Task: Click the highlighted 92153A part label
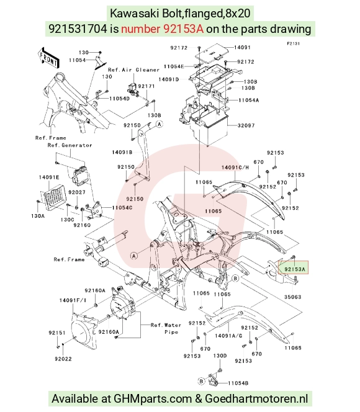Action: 294,269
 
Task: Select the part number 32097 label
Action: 246,125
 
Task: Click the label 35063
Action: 293,297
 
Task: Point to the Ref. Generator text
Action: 70,145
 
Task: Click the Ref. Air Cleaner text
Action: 133,70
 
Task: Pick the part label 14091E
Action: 49,177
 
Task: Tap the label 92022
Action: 63,359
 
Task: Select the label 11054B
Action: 238,383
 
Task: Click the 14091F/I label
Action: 73,300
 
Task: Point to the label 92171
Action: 146,86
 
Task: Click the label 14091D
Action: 169,79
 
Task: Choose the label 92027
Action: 77,192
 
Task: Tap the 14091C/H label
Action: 235,168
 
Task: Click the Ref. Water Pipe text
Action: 166,328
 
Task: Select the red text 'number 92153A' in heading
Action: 163,29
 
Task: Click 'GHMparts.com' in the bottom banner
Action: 153,398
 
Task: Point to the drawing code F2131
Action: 293,43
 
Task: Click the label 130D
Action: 220,356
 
